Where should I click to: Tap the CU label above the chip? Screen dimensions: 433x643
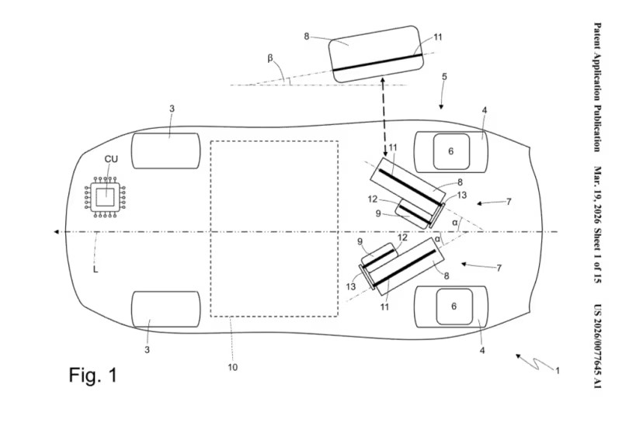click(112, 159)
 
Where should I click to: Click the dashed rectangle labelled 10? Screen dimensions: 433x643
click(274, 228)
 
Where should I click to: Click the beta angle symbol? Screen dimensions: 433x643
click(269, 57)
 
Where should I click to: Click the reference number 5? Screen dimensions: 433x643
click(444, 77)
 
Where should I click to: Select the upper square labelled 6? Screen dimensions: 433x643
click(450, 151)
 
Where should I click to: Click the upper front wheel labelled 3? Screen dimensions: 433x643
click(166, 151)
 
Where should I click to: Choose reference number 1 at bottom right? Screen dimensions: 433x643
click(557, 371)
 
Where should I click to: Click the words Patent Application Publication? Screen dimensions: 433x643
click(599, 85)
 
